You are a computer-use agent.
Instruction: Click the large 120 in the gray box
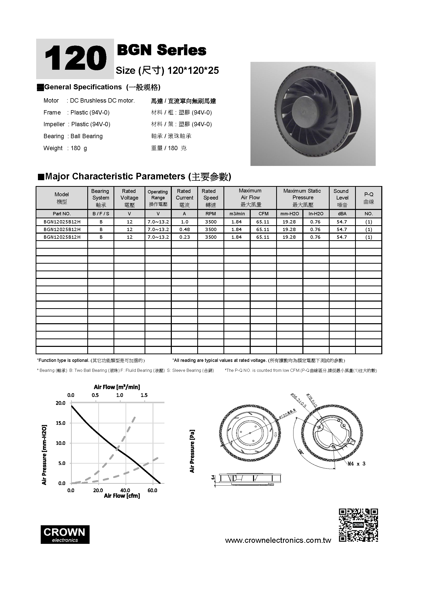pos(75,59)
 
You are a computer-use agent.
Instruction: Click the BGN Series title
pos(162,50)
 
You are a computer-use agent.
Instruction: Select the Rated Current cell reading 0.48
pos(184,229)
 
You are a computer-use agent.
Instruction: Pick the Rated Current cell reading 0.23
pos(184,237)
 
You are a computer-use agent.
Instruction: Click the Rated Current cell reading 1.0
pos(184,222)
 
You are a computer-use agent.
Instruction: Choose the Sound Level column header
pos(342,198)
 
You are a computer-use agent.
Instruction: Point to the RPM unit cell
pos(210,214)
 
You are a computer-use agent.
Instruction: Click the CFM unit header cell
pos(263,214)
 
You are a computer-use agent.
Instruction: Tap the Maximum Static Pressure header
pos(303,198)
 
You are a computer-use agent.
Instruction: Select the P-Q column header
pos(368,198)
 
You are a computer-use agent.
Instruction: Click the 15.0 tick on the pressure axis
pos(61,423)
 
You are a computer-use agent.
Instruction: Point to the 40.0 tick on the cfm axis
pos(125,490)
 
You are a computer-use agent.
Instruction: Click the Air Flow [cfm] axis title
pos(122,496)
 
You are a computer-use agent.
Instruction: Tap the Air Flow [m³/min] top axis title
pos(117,387)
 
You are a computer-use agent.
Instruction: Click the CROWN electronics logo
pos(65,535)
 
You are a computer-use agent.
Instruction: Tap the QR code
pos(358,525)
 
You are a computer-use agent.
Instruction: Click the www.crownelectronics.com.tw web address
pos(278,540)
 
